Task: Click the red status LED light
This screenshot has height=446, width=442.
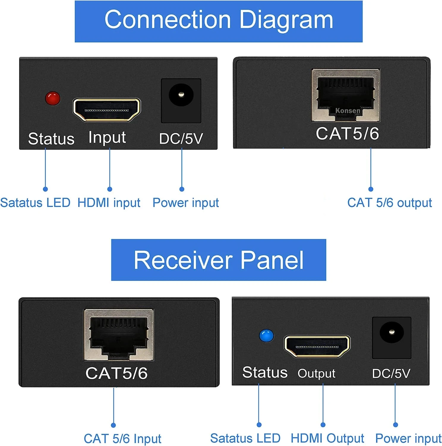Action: [53, 98]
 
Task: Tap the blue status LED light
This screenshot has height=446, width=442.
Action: [266, 336]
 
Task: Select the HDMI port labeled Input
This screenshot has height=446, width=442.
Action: [107, 110]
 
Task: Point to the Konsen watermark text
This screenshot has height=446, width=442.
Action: [348, 111]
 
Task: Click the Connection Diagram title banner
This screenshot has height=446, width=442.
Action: [219, 21]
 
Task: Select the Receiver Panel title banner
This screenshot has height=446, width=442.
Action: [219, 260]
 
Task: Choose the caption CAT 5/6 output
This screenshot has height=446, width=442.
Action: [389, 203]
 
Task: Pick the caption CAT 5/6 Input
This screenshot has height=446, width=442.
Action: [122, 439]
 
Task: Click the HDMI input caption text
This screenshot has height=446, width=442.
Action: [109, 203]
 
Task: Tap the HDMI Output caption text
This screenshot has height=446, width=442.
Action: [327, 438]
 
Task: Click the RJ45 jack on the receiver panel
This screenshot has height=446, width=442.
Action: [119, 335]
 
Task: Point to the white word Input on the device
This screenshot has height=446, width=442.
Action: [107, 138]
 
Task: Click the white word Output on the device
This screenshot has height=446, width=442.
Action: [316, 373]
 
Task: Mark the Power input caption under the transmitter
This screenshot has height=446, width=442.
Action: [186, 203]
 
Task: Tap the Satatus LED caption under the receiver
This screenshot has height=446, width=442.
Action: [245, 438]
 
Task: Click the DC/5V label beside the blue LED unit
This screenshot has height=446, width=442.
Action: [391, 373]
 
